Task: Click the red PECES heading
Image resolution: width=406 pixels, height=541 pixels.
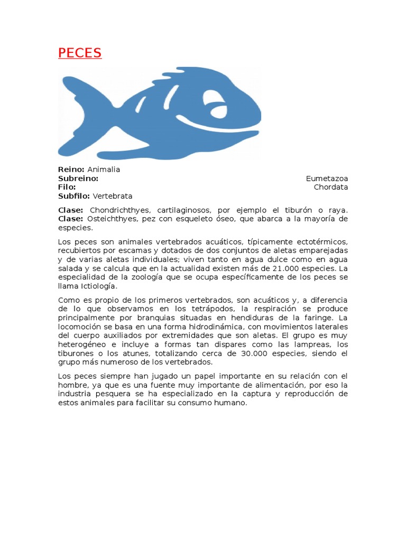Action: (79, 53)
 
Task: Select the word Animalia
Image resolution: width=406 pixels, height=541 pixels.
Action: (104, 170)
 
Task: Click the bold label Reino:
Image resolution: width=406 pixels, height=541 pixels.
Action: (71, 170)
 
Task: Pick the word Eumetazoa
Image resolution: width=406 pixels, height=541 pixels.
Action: (327, 179)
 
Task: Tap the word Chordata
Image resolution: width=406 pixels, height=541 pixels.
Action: (331, 187)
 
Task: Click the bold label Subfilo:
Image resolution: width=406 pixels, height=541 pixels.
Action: (74, 196)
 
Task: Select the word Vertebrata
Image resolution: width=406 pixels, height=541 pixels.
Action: (113, 196)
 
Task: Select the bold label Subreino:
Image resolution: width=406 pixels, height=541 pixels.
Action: (78, 179)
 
